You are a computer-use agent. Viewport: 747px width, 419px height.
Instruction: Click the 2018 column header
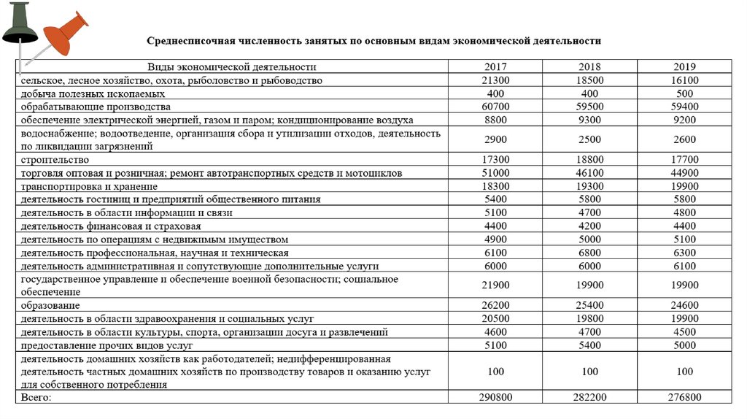(x=589, y=66)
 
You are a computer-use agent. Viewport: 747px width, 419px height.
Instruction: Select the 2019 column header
(x=685, y=66)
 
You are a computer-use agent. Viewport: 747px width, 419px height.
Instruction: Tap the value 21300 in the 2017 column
(x=495, y=80)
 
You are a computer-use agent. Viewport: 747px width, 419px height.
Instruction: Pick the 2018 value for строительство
(x=589, y=160)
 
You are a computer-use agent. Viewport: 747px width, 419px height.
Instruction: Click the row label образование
(x=51, y=304)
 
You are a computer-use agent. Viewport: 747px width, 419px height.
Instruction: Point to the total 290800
(x=495, y=397)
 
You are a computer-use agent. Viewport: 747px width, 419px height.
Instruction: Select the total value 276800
(x=685, y=397)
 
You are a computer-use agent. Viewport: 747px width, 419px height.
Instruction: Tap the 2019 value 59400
(x=685, y=107)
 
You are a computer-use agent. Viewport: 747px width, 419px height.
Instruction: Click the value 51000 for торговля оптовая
(x=495, y=173)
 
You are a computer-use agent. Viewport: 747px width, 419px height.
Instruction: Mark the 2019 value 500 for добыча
(x=685, y=93)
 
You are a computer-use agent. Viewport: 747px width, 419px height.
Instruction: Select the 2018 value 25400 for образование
(x=589, y=304)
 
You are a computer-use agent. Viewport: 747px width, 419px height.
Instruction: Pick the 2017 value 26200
(x=495, y=304)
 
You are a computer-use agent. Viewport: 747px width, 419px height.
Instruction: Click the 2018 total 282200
(x=589, y=397)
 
